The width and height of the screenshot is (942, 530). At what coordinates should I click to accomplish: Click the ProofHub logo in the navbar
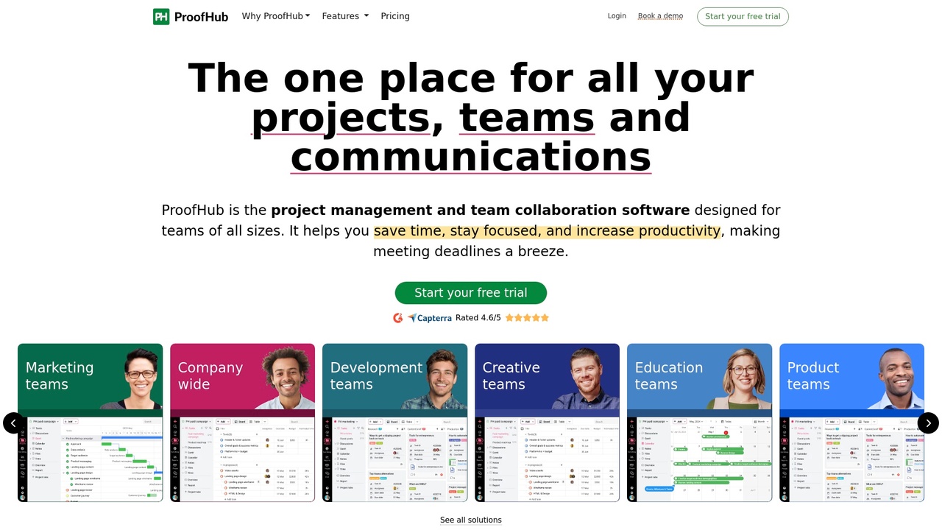point(191,16)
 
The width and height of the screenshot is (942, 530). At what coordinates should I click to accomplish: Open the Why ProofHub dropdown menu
point(275,16)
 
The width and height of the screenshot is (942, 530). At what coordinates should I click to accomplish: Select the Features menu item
point(344,16)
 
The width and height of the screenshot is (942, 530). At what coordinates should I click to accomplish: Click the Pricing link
point(395,16)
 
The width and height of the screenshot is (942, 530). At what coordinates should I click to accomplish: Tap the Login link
point(617,16)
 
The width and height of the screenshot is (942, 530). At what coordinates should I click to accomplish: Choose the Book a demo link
point(660,16)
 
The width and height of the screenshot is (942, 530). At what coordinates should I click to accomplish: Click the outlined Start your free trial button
point(743,16)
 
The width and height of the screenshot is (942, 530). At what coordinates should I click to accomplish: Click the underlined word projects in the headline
point(341,118)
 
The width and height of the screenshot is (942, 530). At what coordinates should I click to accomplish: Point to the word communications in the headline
point(471,157)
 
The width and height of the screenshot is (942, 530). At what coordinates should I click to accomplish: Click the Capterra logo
point(430,318)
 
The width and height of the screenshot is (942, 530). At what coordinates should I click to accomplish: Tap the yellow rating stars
point(527,318)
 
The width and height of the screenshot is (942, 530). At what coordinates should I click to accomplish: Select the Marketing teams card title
point(60,375)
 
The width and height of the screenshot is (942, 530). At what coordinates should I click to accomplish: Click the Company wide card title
point(210,375)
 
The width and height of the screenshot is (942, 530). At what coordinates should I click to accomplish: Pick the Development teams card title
point(376,375)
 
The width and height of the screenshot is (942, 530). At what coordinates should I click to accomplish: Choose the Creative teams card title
point(511,375)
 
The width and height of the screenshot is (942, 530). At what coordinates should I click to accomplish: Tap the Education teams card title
point(668,375)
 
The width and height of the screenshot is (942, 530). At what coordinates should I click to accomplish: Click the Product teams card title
point(812,375)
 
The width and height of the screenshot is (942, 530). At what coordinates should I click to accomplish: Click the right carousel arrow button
point(928,423)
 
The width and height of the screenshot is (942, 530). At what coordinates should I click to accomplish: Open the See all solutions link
point(471,520)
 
